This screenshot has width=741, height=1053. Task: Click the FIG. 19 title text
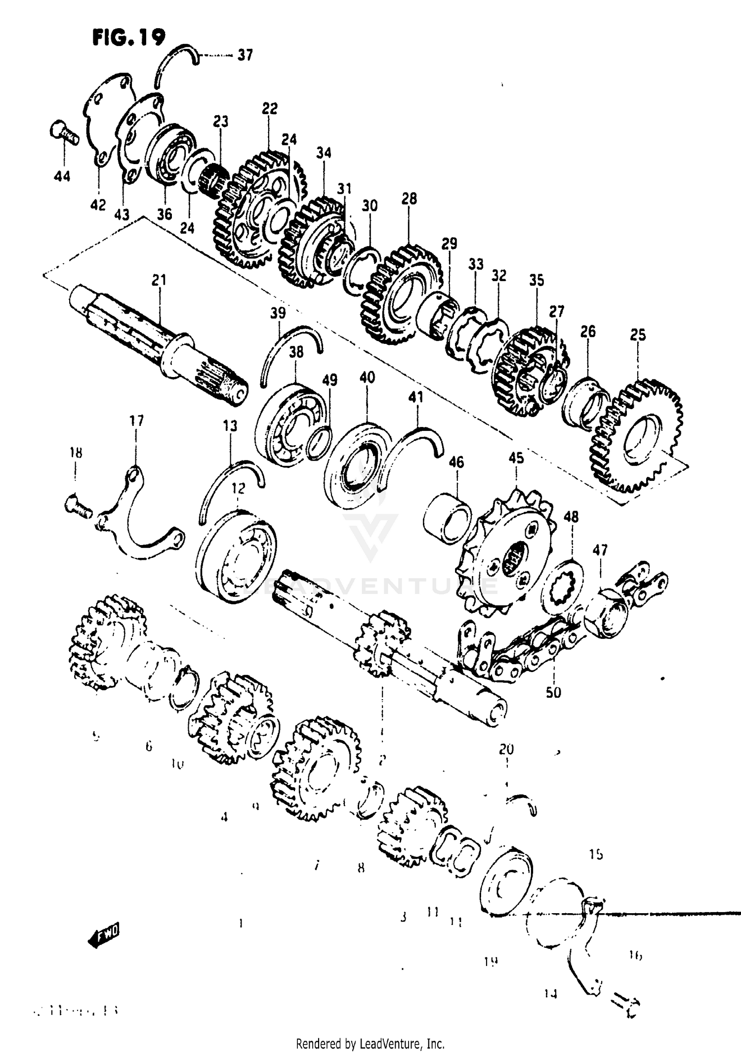[x=128, y=38]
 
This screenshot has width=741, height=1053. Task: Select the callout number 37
[x=245, y=55]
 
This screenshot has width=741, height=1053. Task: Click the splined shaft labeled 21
[x=158, y=341]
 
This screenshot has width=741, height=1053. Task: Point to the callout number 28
[x=409, y=199]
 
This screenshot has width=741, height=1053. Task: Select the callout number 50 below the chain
[x=553, y=692]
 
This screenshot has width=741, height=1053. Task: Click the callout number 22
[x=270, y=108]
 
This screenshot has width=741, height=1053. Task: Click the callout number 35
[x=536, y=280]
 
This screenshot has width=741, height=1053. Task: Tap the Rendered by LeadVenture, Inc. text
[x=370, y=1044]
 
